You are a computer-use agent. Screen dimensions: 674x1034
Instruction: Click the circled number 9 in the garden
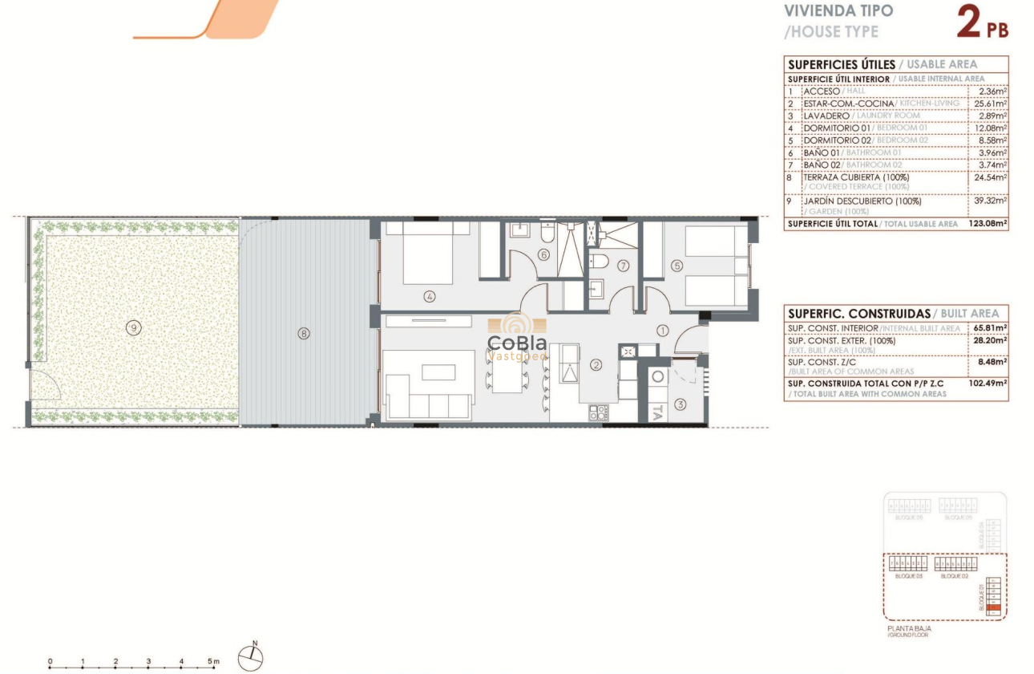point(133,327)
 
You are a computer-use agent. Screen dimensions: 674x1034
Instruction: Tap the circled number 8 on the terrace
point(303,333)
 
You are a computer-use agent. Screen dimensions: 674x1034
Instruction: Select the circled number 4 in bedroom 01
point(430,296)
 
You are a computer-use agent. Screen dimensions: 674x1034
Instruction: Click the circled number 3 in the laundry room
point(681,404)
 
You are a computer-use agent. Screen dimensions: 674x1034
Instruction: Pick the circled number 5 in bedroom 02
point(677,266)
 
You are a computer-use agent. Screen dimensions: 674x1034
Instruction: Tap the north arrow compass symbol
point(251,657)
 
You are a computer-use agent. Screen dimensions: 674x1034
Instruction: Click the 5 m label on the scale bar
point(213,662)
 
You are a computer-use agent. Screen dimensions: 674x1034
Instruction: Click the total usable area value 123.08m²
point(987,224)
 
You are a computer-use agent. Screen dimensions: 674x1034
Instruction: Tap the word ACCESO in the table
point(822,91)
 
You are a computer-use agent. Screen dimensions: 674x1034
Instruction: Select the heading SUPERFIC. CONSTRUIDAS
point(858,314)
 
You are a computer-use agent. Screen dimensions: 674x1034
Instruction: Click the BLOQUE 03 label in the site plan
point(907,576)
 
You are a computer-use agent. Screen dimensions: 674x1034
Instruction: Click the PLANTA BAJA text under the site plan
point(903,629)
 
